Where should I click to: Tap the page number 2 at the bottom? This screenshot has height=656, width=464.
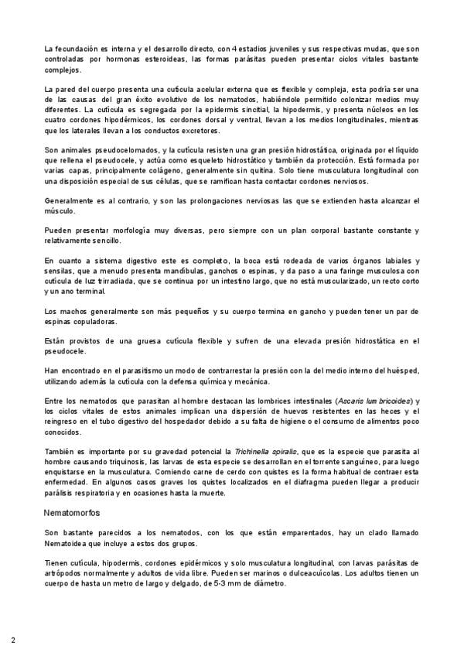(x=13, y=641)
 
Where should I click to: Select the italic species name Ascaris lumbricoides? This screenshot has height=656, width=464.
(x=374, y=401)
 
